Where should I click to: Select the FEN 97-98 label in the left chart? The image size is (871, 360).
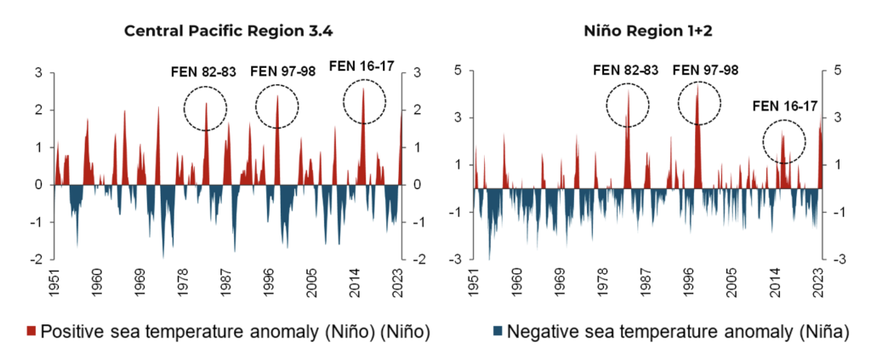click(282, 71)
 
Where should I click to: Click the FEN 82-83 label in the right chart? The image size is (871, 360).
click(625, 70)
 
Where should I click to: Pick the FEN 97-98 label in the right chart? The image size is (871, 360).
click(705, 70)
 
